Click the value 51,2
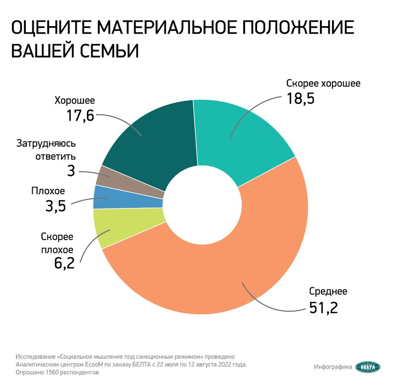pyautogui.click(x=323, y=307)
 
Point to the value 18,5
pyautogui.click(x=300, y=98)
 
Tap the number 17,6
pyautogui.click(x=80, y=115)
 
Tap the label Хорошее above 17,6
pyautogui.click(x=74, y=100)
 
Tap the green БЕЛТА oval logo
pyautogui.click(x=368, y=366)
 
